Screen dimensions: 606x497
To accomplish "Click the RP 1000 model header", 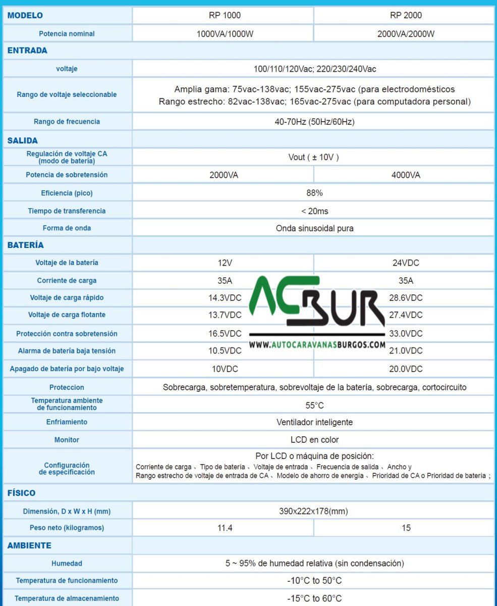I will click(225, 15).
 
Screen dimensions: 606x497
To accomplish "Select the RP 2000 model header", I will click(406, 15).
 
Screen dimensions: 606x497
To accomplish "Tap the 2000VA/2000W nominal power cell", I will click(406, 34).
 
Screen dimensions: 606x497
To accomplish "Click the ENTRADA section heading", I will click(27, 50).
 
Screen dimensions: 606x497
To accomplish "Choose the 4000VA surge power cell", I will click(406, 175).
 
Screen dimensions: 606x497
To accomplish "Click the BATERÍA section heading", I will click(25, 245).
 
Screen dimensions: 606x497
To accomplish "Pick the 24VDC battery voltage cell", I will click(406, 263).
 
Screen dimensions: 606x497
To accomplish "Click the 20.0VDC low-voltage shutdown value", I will click(406, 369).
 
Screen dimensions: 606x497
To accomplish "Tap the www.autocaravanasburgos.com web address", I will click(317, 345).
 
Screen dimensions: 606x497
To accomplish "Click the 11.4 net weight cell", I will click(225, 528).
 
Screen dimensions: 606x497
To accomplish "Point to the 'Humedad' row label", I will click(67, 564).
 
